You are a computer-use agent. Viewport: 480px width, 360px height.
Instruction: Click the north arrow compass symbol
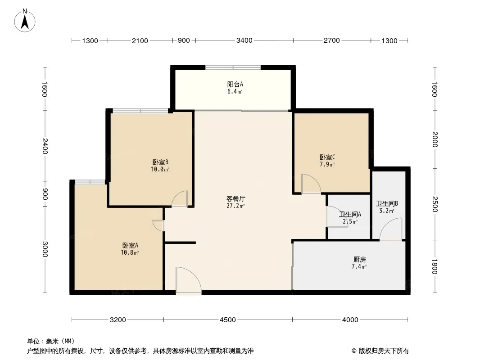pyautogui.click(x=25, y=21)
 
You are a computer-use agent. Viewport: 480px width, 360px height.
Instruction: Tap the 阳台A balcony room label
pyautogui.click(x=235, y=84)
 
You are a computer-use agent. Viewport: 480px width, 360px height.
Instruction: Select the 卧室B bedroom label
pyautogui.click(x=160, y=162)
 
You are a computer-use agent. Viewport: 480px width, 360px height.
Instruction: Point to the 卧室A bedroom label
pyautogui.click(x=130, y=245)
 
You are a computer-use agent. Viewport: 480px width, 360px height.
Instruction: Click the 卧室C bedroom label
pyautogui.click(x=327, y=157)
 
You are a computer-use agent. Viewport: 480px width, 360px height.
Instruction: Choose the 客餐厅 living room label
pyautogui.click(x=235, y=198)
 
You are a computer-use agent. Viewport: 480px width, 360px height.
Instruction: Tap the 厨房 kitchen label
pyautogui.click(x=359, y=259)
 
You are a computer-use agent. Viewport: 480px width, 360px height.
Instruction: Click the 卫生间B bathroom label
pyautogui.click(x=387, y=203)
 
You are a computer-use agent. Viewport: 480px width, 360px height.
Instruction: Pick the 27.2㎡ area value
pyautogui.click(x=235, y=206)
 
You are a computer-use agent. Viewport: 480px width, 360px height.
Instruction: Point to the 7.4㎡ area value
pyautogui.click(x=359, y=267)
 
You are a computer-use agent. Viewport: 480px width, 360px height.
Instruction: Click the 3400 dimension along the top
pyautogui.click(x=245, y=40)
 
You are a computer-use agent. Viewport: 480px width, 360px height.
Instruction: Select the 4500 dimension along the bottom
pyautogui.click(x=228, y=319)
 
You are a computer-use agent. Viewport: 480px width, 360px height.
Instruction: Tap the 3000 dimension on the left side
pyautogui.click(x=45, y=249)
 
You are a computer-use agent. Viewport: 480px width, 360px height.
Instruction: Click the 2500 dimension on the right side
pyautogui.click(x=435, y=204)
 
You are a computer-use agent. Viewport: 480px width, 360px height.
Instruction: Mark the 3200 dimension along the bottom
pyautogui.click(x=118, y=319)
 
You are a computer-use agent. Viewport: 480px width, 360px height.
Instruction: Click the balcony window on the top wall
pyautogui.click(x=233, y=67)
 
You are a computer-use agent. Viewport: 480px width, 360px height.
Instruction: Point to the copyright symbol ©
pyautogui.click(x=354, y=351)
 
